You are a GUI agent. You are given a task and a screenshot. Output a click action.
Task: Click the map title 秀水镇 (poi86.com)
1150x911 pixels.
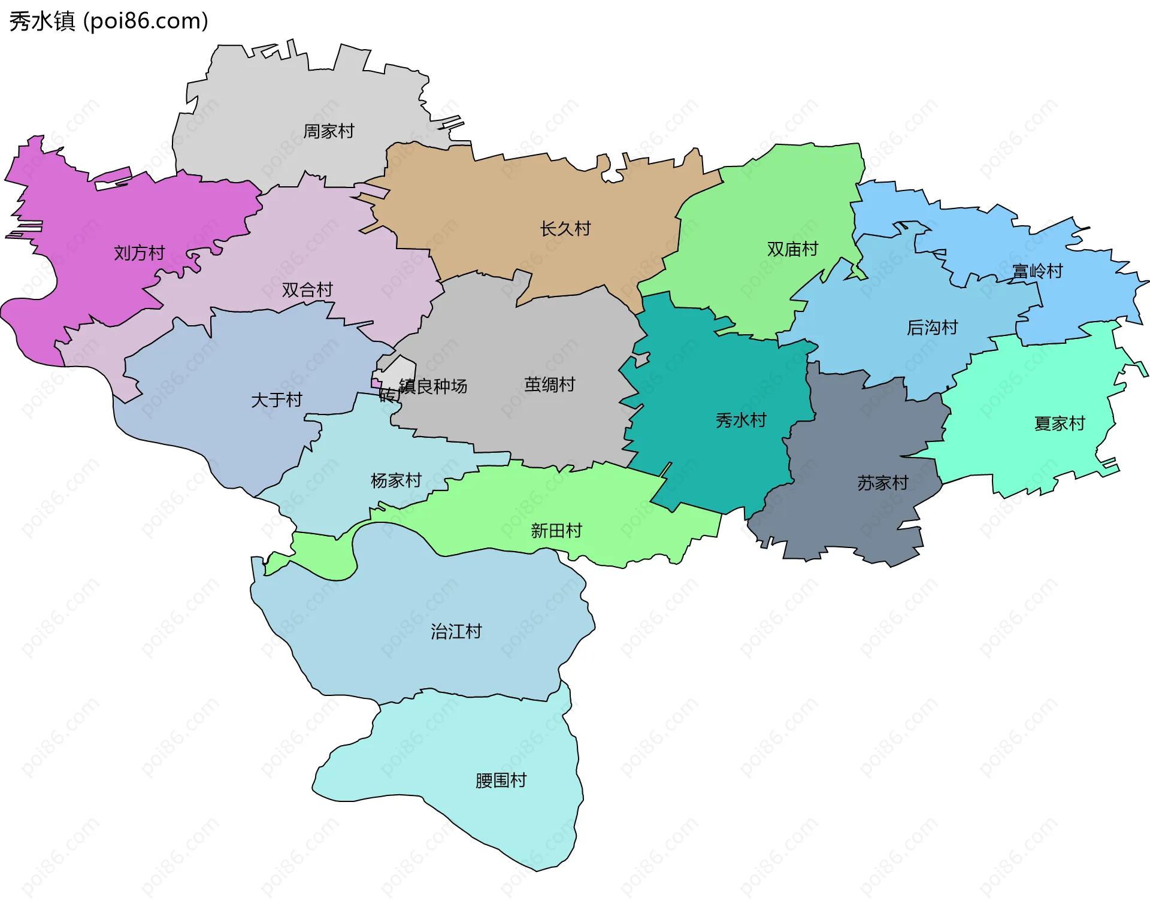[108, 21]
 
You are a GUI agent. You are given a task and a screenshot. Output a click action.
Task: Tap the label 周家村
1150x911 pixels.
[329, 131]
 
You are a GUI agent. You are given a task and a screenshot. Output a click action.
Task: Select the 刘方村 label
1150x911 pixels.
[139, 253]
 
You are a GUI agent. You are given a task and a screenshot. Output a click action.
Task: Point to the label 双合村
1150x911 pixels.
[307, 290]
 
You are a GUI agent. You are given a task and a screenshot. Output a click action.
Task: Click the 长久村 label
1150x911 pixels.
[565, 228]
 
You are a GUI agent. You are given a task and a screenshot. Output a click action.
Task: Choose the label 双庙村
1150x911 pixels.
[792, 249]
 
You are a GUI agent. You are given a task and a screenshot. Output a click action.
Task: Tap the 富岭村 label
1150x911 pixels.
[1037, 271]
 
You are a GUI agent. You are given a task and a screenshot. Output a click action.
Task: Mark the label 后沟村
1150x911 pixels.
[932, 328]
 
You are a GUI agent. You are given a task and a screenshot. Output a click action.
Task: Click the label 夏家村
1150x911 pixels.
[1060, 423]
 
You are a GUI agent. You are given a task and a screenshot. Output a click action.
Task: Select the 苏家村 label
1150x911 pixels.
[882, 483]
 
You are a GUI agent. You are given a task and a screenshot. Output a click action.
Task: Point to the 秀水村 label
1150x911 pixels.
[741, 420]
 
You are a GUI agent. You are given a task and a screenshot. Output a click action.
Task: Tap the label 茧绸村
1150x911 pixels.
[549, 385]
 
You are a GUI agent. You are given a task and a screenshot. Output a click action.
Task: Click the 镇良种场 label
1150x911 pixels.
[433, 386]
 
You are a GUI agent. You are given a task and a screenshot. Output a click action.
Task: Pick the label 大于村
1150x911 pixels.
[276, 400]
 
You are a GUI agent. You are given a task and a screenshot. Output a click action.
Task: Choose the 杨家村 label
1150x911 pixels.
[396, 480]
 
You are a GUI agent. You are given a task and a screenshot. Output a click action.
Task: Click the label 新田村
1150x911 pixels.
[556, 531]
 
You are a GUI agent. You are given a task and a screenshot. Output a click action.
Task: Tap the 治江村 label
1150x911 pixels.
[456, 631]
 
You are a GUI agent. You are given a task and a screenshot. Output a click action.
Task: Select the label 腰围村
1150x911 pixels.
[501, 780]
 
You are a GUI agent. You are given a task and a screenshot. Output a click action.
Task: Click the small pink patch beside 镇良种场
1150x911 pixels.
[376, 383]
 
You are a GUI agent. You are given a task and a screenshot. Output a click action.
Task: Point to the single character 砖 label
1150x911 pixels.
[387, 395]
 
